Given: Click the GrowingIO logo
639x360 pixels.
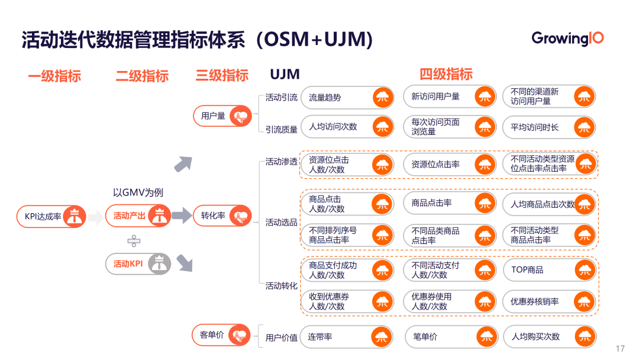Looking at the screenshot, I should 567,39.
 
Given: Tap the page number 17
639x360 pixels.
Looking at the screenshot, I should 621,348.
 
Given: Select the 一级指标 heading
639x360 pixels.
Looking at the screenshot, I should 54,76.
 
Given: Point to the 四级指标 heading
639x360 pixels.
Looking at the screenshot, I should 446,74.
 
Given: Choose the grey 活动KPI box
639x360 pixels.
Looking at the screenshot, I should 138,263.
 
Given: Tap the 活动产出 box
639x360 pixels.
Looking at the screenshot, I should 138,216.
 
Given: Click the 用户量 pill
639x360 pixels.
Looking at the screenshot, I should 222,115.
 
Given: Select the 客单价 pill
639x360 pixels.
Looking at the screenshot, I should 222,335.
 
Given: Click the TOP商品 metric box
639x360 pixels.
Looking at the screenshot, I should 548,270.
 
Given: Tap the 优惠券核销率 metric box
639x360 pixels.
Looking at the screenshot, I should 548,301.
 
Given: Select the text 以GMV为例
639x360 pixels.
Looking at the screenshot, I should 138,192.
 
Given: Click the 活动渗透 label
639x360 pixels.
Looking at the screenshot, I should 281,162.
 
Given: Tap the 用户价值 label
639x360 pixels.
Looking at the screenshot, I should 281,337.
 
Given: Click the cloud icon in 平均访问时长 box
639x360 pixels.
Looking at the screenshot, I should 585,127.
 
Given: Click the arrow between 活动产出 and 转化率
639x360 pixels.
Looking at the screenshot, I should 182,216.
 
